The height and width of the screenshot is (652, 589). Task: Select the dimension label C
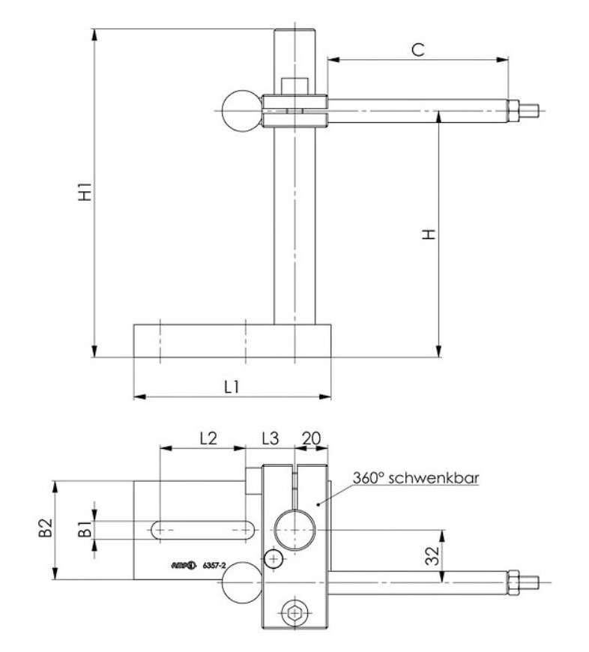point(417,49)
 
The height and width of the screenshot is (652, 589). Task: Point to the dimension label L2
point(208,438)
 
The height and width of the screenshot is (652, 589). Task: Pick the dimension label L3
point(270,438)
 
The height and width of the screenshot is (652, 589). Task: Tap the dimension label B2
point(46,529)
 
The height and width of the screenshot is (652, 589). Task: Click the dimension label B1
point(86,529)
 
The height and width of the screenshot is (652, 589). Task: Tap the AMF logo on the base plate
point(183,566)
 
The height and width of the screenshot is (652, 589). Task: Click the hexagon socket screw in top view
point(294,613)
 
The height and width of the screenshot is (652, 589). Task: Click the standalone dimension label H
point(428,234)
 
